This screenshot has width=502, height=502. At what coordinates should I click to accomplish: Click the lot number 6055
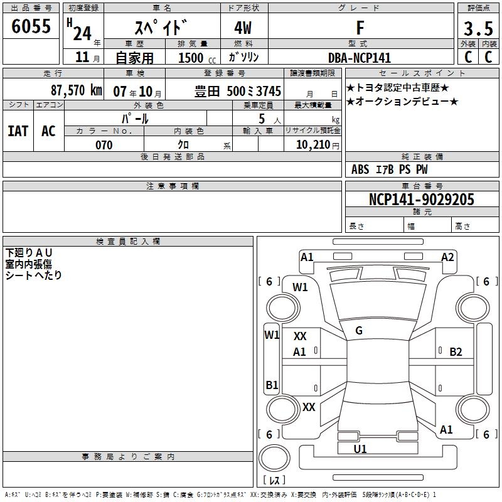pyautogui.click(x=31, y=26)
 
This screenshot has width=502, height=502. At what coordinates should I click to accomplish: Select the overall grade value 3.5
pyautogui.click(x=478, y=29)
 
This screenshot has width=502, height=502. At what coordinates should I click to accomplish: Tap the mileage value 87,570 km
pyautogui.click(x=76, y=90)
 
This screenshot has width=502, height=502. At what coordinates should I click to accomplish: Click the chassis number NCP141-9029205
pyautogui.click(x=422, y=200)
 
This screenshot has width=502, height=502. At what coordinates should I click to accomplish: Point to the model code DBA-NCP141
pyautogui.click(x=360, y=57)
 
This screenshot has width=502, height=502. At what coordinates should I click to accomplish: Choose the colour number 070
pyautogui.click(x=104, y=145)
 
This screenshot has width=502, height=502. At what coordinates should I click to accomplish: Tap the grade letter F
pyautogui.click(x=360, y=28)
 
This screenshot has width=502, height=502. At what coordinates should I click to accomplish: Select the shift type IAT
pyautogui.click(x=18, y=131)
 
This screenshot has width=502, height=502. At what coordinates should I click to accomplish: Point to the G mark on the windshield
pyautogui.click(x=359, y=331)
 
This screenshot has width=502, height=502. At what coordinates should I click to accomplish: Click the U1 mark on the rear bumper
pyautogui.click(x=360, y=449)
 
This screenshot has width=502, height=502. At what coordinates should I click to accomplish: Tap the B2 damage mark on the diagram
pyautogui.click(x=456, y=352)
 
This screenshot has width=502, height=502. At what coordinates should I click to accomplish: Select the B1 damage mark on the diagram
pyautogui.click(x=272, y=385)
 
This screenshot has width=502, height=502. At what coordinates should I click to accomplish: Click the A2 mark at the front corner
pyautogui.click(x=447, y=257)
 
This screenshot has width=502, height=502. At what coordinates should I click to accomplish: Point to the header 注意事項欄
pyautogui.click(x=172, y=186)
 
